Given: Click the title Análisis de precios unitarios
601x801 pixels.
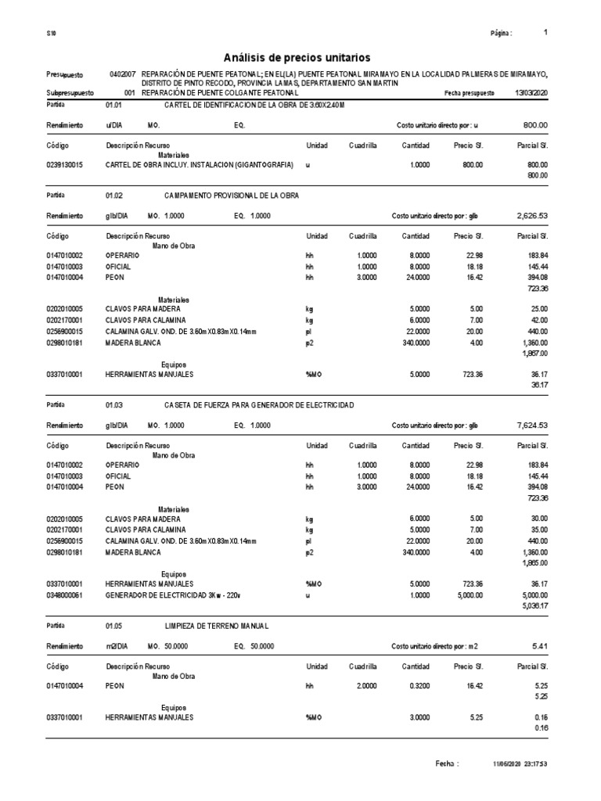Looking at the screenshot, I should coord(297,57).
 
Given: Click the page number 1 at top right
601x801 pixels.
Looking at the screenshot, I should coord(545,33).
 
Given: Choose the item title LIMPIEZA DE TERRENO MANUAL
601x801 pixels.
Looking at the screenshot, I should coord(216,626).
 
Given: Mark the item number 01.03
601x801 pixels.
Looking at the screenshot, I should coord(114,404).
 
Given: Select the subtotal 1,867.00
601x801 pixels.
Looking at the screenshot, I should coord(534,353).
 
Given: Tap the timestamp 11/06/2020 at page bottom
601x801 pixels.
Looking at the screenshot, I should coord(507,763).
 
